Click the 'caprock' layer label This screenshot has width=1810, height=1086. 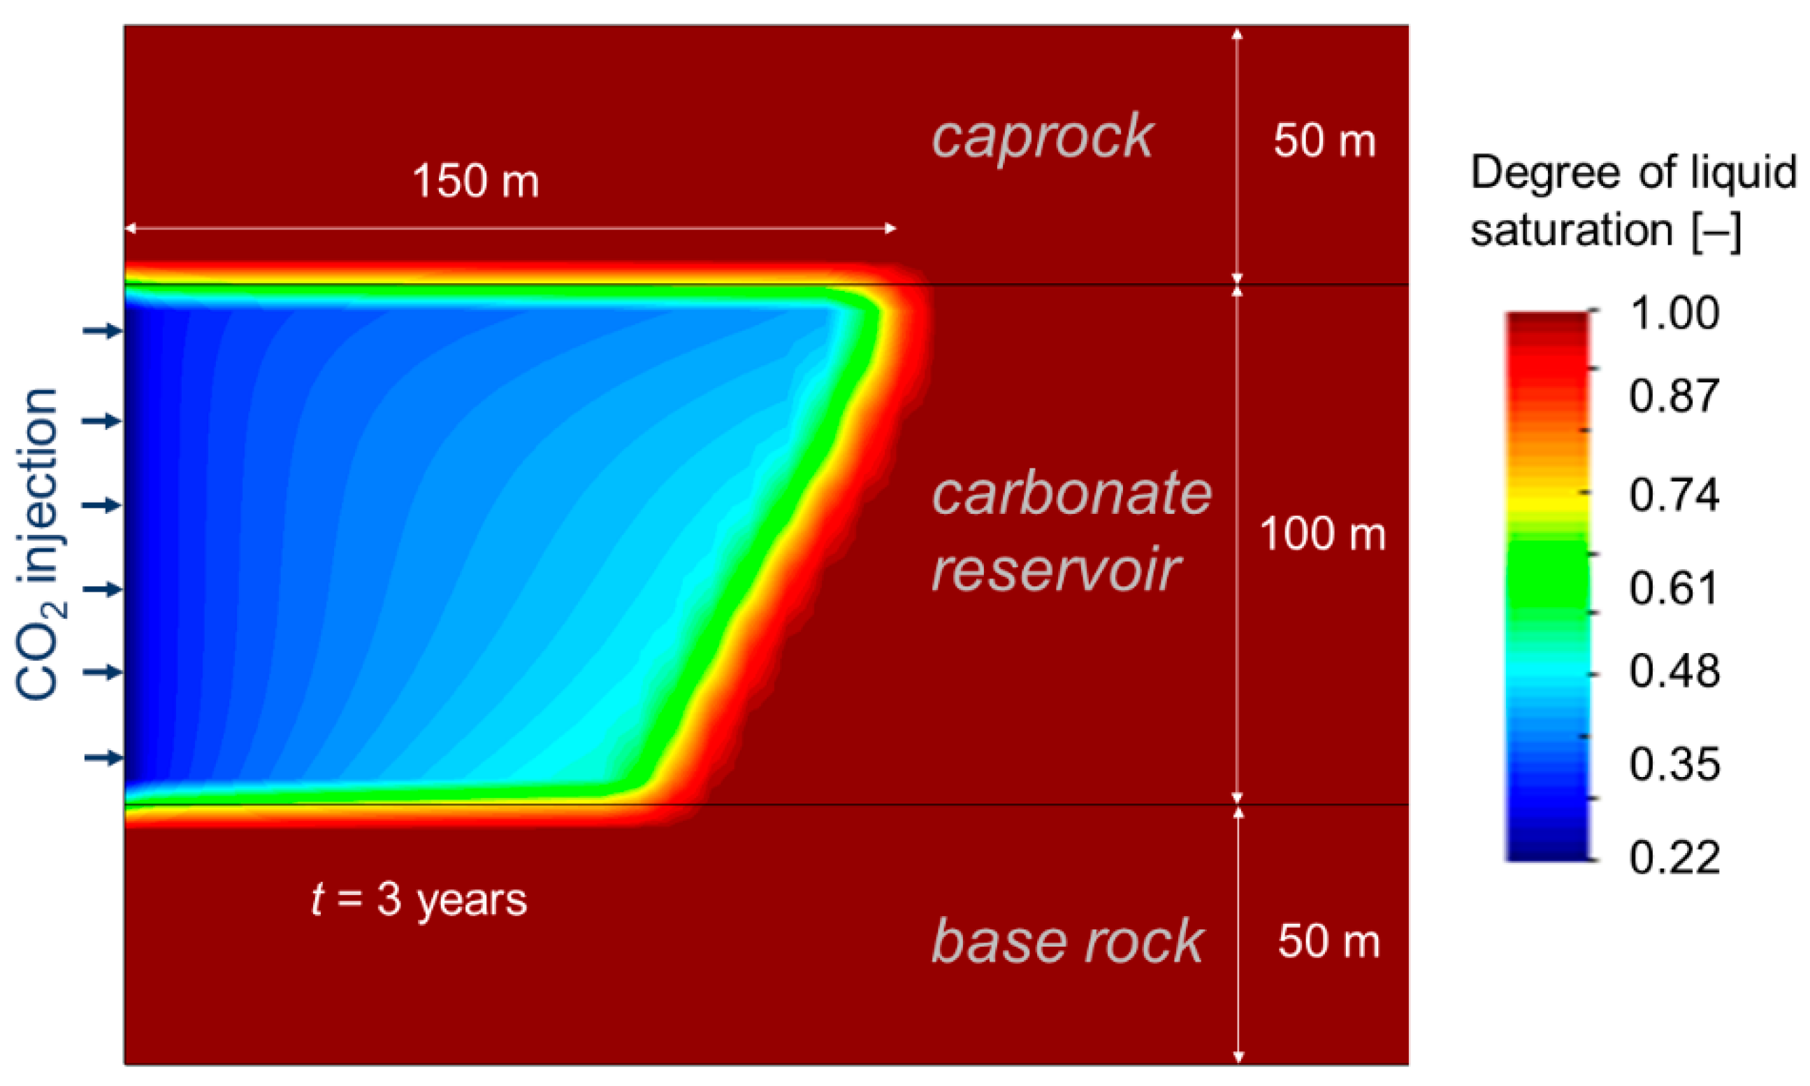pyautogui.click(x=1042, y=138)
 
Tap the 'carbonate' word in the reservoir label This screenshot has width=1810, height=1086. pyautogui.click(x=1072, y=494)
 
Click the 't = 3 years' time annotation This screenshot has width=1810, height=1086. pyautogui.click(x=419, y=899)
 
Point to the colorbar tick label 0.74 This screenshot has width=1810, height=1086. pyautogui.click(x=1674, y=495)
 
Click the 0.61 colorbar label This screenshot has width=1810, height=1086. pyautogui.click(x=1674, y=587)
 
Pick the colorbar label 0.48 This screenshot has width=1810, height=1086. pyautogui.click(x=1674, y=671)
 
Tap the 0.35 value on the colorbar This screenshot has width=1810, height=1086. pyautogui.click(x=1674, y=764)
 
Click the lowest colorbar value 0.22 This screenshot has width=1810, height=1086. pyautogui.click(x=1674, y=857)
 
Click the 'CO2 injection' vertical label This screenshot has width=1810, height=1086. pyautogui.click(x=38, y=545)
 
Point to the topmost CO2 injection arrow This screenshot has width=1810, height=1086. pyautogui.click(x=103, y=331)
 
